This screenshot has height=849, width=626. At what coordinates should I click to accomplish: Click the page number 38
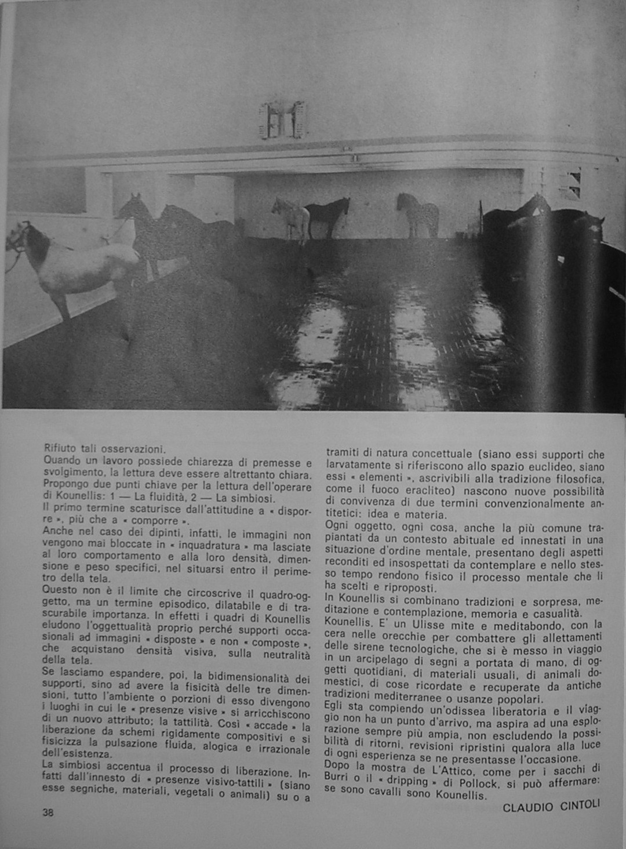48,812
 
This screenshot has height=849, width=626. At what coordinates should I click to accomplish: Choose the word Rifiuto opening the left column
62,448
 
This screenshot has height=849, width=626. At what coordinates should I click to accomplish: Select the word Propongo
64,485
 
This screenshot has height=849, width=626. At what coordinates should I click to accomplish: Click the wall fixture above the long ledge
285,120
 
